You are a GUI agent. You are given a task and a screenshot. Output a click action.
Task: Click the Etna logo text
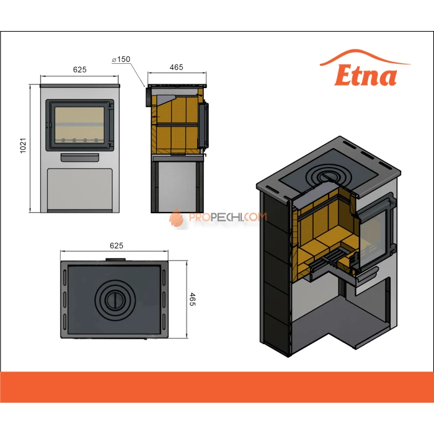(x=366, y=76)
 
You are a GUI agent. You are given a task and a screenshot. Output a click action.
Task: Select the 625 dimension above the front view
(x=79, y=69)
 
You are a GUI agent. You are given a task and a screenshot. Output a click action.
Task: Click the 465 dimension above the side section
(x=176, y=68)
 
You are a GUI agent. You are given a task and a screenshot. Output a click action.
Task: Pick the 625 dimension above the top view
(x=115, y=246)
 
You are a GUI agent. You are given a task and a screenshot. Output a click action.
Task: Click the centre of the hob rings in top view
(x=113, y=299)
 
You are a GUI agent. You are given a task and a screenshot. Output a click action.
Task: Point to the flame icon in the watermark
(x=177, y=217)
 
